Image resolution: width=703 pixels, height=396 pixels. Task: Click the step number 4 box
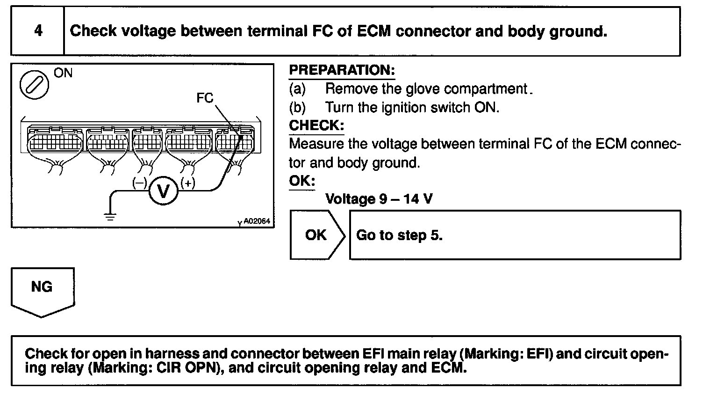click(x=38, y=31)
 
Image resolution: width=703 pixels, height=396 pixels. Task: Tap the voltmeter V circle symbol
click(x=164, y=191)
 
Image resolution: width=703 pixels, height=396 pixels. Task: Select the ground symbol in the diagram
click(x=110, y=216)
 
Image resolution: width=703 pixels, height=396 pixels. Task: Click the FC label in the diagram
click(x=205, y=98)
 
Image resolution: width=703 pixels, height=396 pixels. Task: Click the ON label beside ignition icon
click(x=63, y=73)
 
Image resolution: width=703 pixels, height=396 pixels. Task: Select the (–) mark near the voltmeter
click(x=139, y=183)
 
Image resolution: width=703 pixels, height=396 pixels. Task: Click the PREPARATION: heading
click(x=342, y=71)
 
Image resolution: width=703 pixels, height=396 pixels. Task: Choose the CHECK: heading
click(x=316, y=125)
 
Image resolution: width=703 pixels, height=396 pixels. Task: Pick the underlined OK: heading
click(x=302, y=181)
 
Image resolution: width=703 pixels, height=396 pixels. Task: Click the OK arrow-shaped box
click(x=316, y=235)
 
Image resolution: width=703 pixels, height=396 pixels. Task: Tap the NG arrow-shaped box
click(x=42, y=289)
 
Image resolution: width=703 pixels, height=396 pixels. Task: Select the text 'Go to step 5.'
click(x=399, y=235)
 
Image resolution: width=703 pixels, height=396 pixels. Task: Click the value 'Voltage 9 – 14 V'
click(x=379, y=199)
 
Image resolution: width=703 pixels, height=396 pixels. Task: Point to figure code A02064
click(x=257, y=222)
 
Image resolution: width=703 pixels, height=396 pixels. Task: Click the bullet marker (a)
click(x=297, y=89)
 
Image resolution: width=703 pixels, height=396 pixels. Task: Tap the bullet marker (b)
click(x=297, y=107)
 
